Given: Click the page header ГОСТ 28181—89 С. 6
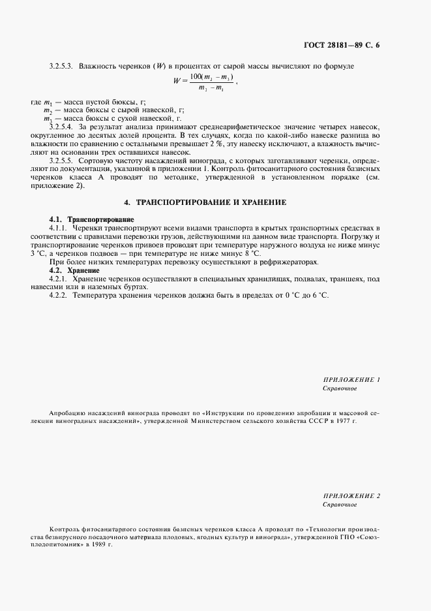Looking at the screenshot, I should pyautogui.click(x=342, y=46).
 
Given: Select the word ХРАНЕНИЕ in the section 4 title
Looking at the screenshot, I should pyautogui.click(x=262, y=202).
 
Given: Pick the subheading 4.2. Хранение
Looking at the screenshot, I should pyautogui.click(x=74, y=270).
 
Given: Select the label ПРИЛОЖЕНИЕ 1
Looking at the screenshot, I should pyautogui.click(x=351, y=379).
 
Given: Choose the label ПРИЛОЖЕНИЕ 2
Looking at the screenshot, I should pyautogui.click(x=351, y=496).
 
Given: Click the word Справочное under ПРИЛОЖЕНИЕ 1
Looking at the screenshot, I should pyautogui.click(x=340, y=388).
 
